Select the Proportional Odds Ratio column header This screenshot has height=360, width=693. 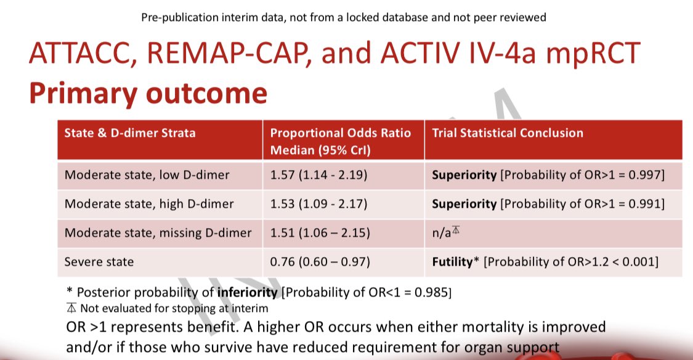tap(341, 141)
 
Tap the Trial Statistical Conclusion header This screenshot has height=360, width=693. tap(508, 133)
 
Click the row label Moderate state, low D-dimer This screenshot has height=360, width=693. tap(147, 175)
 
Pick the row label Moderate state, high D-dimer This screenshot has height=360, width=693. tap(148, 203)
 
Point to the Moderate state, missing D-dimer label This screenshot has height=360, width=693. tap(158, 232)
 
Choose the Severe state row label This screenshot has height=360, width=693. tap(99, 262)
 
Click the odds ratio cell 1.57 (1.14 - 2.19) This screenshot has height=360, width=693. tap(318, 175)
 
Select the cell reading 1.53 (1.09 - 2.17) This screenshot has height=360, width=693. tap(318, 203)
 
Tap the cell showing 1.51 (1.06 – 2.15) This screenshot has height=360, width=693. tap(320, 232)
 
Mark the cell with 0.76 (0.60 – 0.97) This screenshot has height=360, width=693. tap(320, 262)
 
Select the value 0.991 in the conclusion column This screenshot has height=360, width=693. tap(643, 203)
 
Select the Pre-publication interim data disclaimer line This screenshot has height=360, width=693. tap(343, 17)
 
